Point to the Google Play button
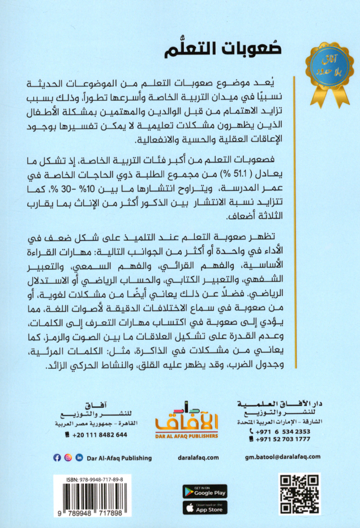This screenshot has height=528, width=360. pos(204,491)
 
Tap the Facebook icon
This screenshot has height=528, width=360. pos(57,457)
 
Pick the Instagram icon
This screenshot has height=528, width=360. pos(68,457)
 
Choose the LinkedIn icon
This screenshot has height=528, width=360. pos(79,457)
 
